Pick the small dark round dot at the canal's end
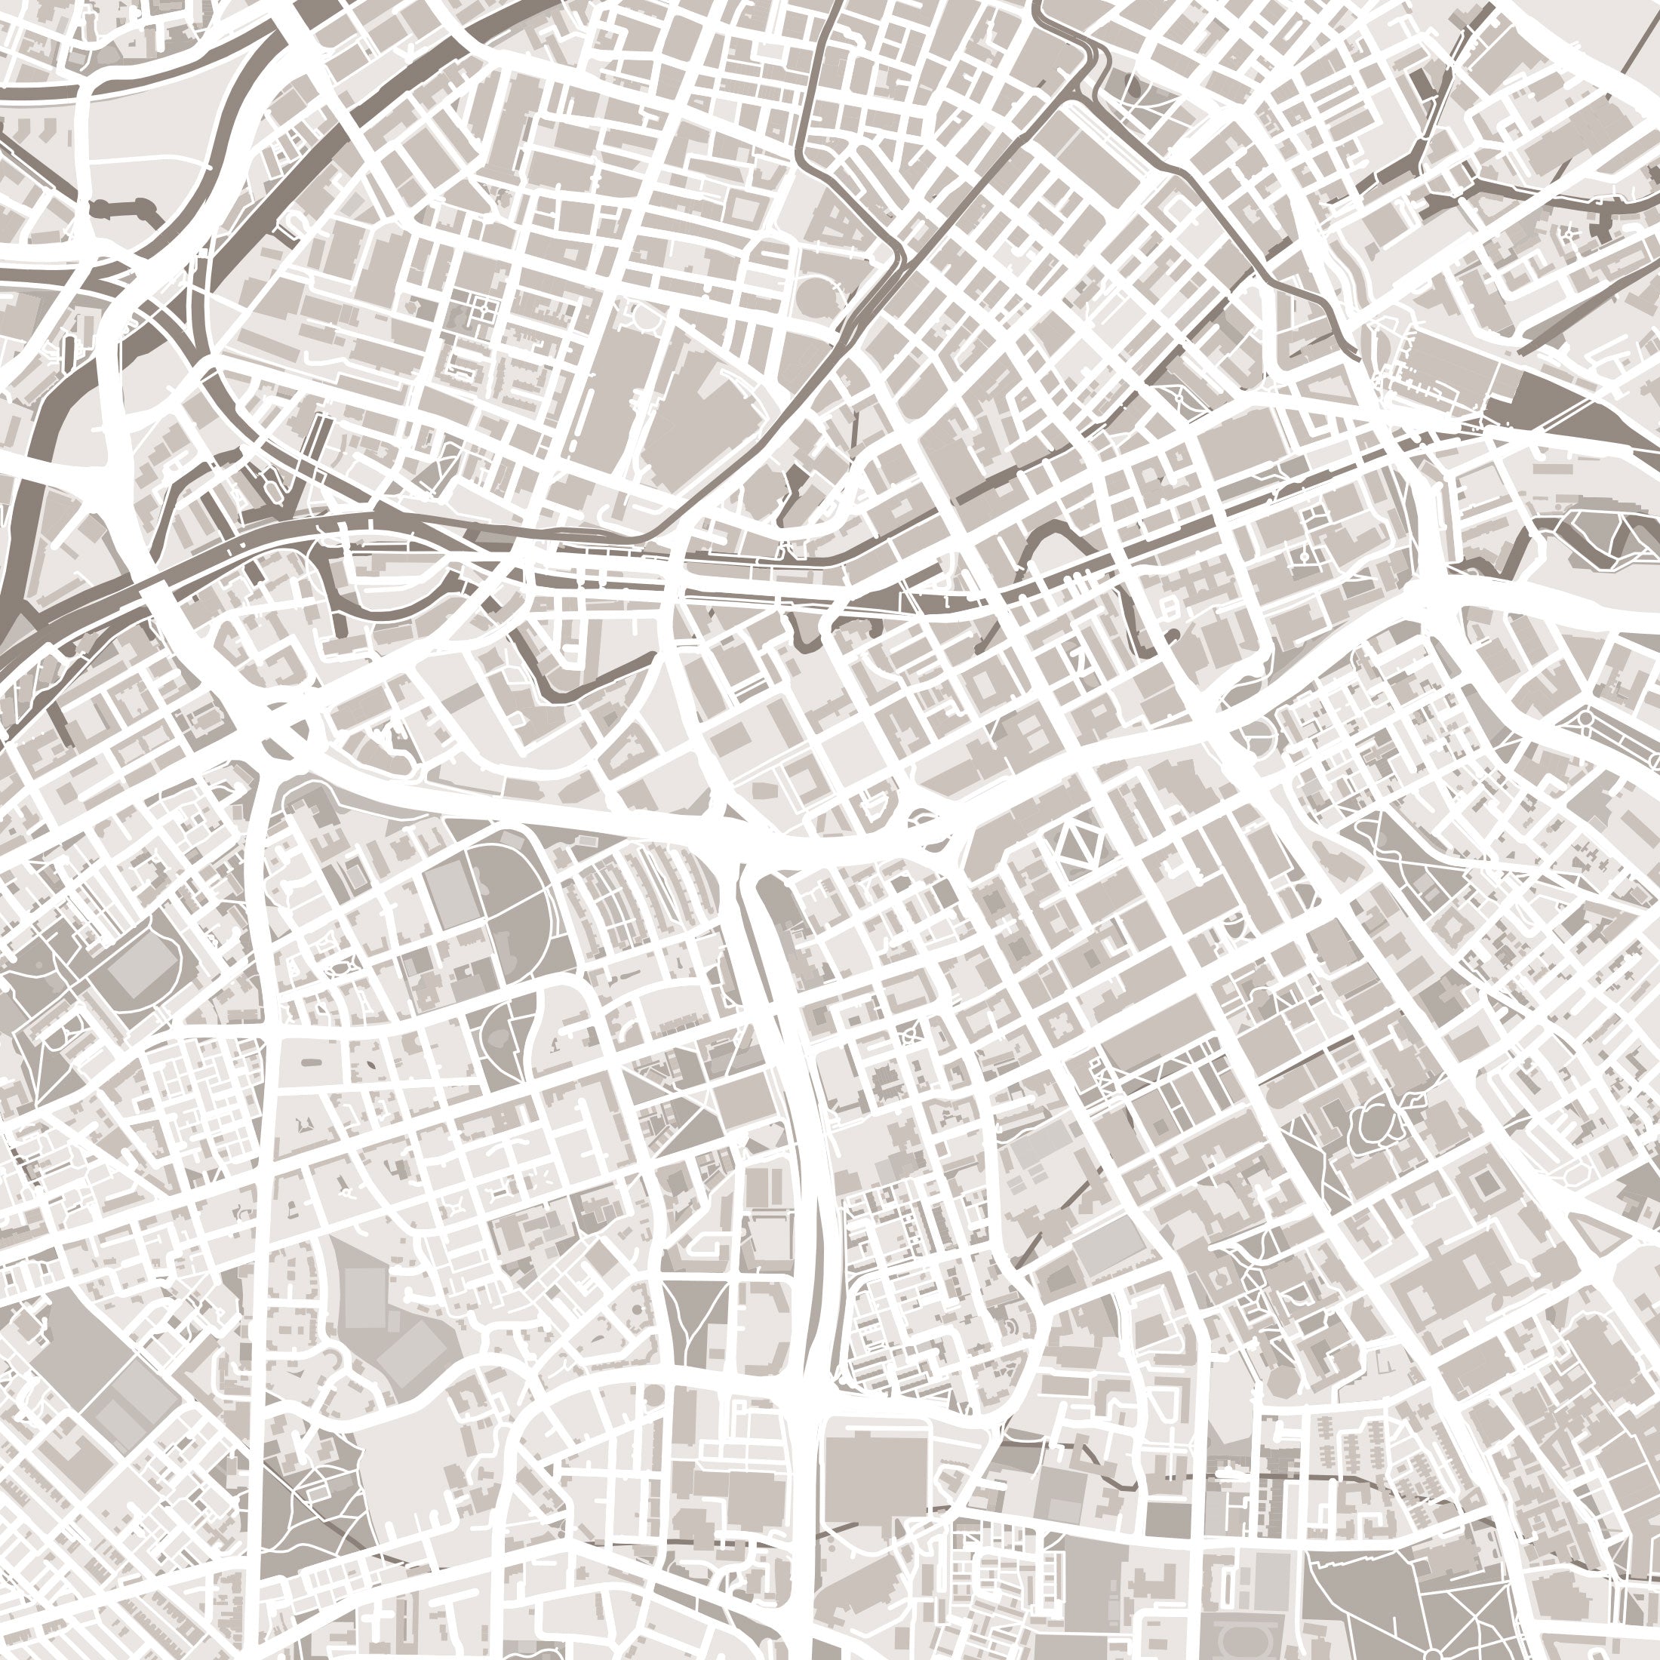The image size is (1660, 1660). (1172, 634)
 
